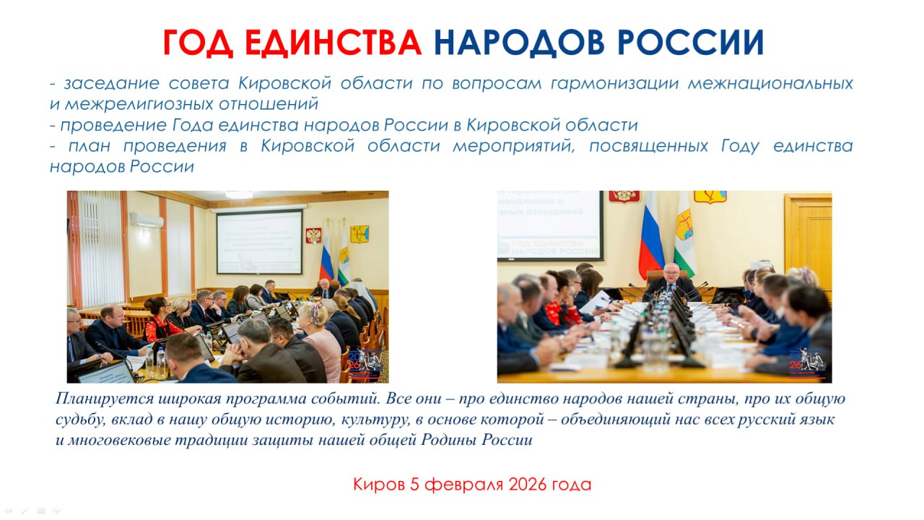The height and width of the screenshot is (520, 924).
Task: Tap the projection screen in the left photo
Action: click(x=259, y=242)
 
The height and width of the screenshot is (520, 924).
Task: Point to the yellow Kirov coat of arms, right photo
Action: click(x=710, y=196)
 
